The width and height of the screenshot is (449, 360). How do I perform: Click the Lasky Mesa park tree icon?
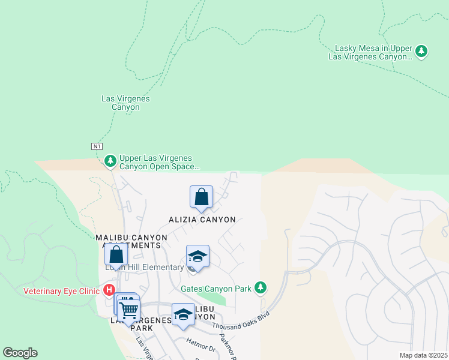(422, 52)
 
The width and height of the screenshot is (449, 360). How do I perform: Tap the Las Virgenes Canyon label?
(125, 103)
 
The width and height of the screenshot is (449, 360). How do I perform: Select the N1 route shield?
(97, 146)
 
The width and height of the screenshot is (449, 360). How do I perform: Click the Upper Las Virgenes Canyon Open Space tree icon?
(110, 161)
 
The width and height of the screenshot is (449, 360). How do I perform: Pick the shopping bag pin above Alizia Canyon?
(202, 197)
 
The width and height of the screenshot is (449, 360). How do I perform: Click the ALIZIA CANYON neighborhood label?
(201, 220)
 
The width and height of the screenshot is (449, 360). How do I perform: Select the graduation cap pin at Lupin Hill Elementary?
(197, 257)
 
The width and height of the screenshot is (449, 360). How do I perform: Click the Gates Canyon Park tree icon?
(260, 288)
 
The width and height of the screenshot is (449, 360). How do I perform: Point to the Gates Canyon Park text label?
(216, 289)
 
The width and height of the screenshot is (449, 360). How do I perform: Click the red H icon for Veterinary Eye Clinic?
(109, 290)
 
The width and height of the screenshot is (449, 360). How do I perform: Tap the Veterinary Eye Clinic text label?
(61, 291)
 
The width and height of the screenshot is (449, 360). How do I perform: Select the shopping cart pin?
(128, 310)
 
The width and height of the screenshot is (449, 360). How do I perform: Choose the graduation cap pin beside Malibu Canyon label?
(183, 314)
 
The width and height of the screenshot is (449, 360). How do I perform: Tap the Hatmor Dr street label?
(200, 345)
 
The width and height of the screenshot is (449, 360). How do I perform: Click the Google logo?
(20, 353)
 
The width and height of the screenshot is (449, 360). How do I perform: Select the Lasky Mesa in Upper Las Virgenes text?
(373, 52)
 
